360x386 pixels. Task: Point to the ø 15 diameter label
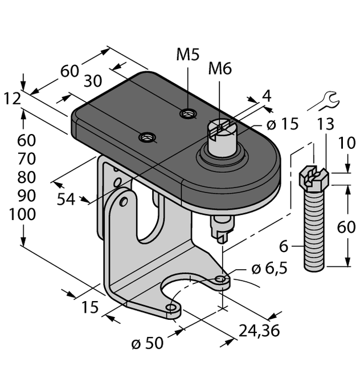pyautogui.click(x=283, y=124)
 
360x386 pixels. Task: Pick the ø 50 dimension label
pyautogui.click(x=147, y=343)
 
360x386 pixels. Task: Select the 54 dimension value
pyautogui.click(x=67, y=199)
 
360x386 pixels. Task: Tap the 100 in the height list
pyautogui.click(x=23, y=215)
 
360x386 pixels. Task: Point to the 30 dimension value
pyautogui.click(x=96, y=81)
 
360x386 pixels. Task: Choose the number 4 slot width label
pyautogui.click(x=266, y=96)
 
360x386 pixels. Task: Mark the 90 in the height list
pyautogui.click(x=23, y=196)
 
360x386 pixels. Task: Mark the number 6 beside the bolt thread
pyautogui.click(x=283, y=246)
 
